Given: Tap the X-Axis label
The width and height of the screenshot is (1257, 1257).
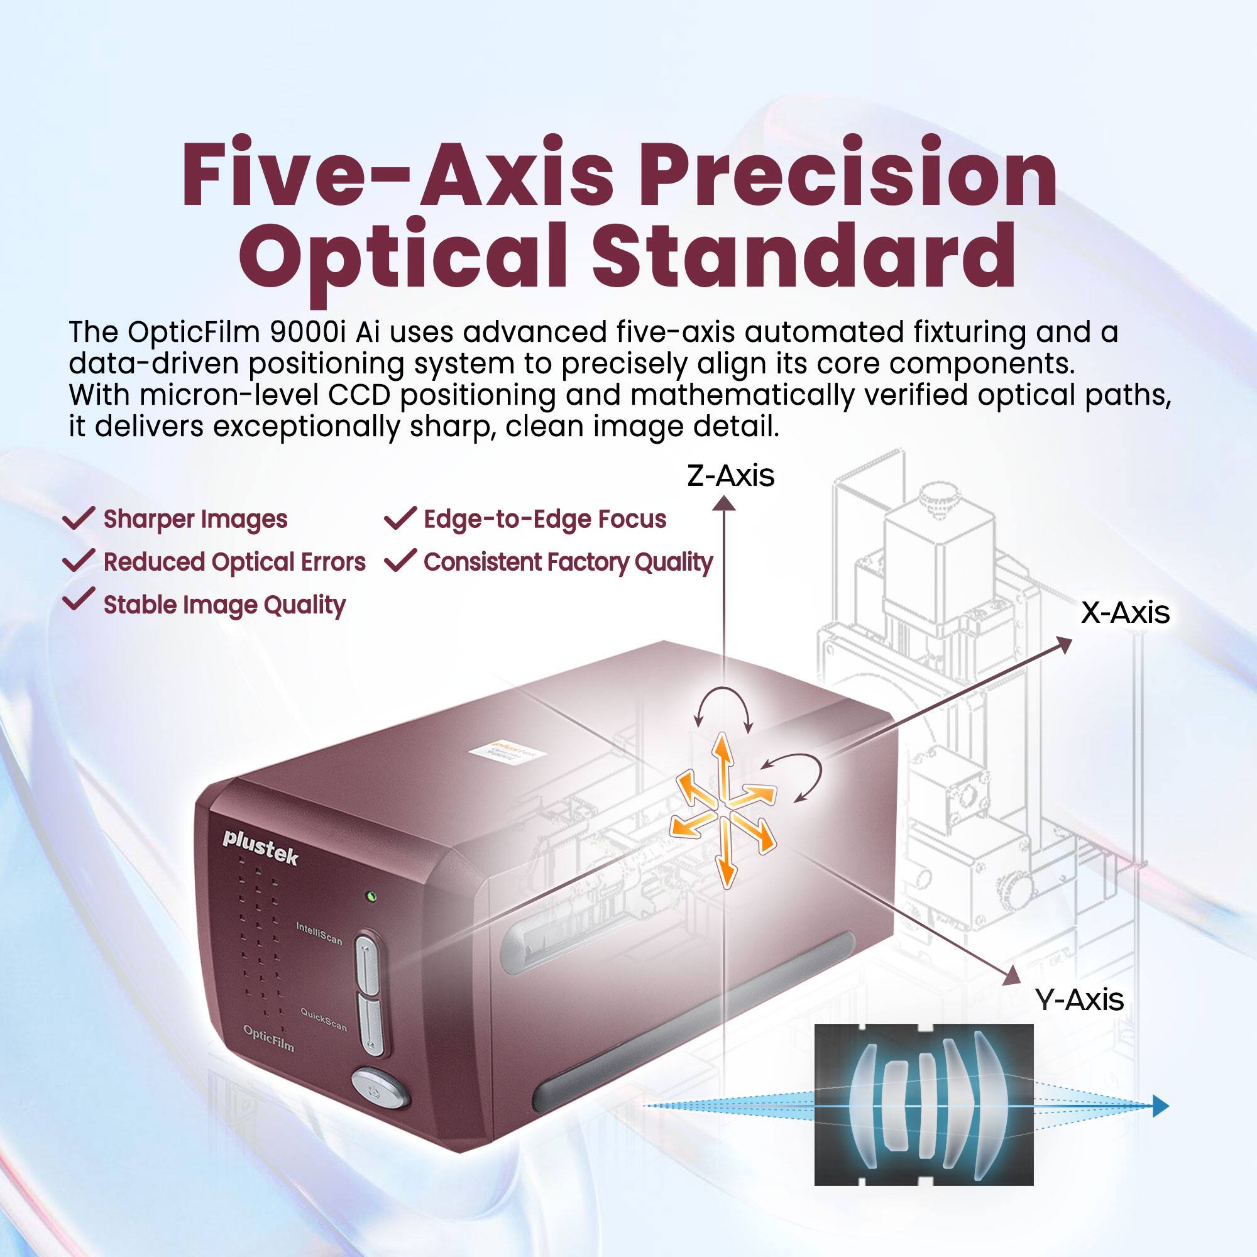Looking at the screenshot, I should tap(1125, 613).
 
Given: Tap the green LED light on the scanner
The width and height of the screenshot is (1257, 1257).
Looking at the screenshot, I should tap(371, 897).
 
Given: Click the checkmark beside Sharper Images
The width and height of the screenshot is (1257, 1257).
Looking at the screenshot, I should tap(78, 518).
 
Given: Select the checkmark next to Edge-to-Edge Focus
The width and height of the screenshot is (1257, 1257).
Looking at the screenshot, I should tap(400, 518).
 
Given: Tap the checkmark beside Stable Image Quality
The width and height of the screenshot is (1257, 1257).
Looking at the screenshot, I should tap(78, 600).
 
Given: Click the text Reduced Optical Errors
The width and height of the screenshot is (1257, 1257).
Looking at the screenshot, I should tap(234, 562).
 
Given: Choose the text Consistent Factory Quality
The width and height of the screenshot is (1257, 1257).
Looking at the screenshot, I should tap(568, 562).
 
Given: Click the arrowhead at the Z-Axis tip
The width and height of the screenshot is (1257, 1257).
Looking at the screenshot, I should tap(723, 503).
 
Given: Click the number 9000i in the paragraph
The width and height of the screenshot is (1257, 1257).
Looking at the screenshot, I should tap(307, 332).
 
